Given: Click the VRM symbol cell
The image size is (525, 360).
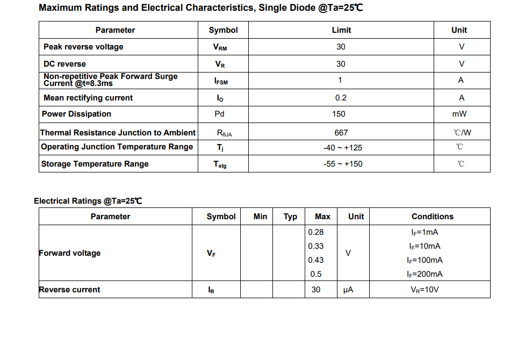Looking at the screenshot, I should [220, 47].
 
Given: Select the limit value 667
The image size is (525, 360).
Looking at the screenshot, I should [341, 133].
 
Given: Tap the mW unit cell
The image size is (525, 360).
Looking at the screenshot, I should [459, 114].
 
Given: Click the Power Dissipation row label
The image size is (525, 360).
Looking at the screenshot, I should [76, 114].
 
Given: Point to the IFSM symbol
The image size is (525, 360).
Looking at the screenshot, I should [221, 81].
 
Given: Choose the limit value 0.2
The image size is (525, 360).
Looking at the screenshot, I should [341, 98].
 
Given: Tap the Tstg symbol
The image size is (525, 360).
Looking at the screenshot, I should [220, 164].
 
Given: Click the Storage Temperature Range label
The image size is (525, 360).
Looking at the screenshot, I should [95, 164].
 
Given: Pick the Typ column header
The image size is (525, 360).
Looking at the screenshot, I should [290, 217].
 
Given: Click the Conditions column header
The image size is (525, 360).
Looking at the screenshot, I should [432, 217].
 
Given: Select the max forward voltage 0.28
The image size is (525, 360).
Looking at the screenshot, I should [316, 232].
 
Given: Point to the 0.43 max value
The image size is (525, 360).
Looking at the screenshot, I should [316, 260].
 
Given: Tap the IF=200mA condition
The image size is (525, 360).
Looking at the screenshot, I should [425, 274].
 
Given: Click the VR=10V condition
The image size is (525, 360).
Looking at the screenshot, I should [425, 290].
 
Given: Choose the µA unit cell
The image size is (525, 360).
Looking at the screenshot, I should [348, 290].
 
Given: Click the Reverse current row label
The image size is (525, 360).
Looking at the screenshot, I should [70, 290].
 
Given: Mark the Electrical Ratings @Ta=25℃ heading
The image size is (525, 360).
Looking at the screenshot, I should [88, 201].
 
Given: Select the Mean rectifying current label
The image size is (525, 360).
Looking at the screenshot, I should [88, 98].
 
